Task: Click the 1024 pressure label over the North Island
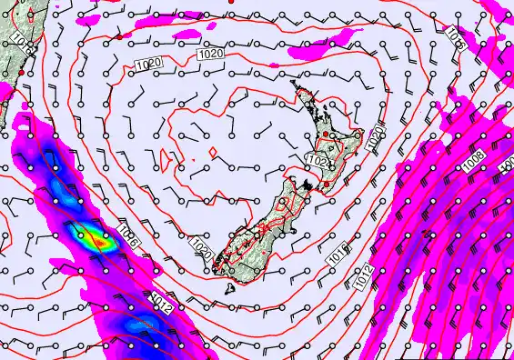click(x=317, y=160)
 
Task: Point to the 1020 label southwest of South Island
click(x=202, y=245)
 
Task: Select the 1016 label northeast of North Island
click(x=455, y=36)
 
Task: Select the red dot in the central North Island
click(x=326, y=135)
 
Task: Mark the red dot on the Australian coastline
click(x=20, y=72)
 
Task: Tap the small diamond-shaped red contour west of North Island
click(x=210, y=152)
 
